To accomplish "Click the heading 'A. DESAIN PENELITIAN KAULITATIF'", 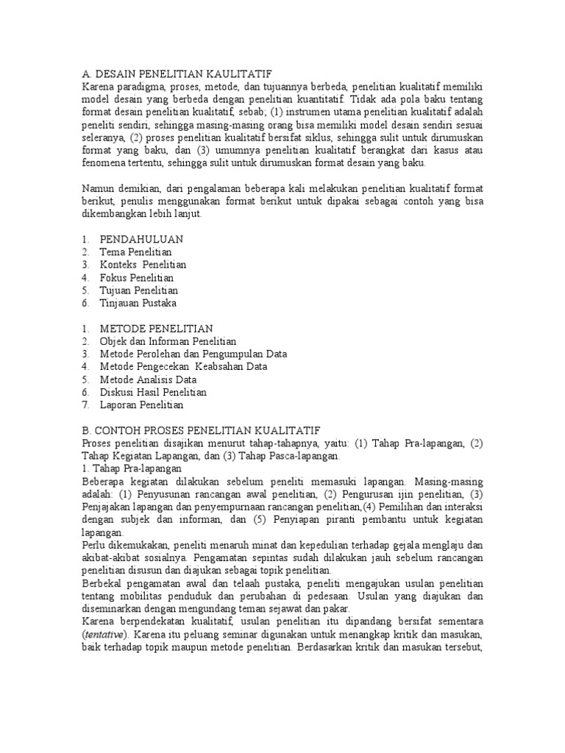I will (177, 74).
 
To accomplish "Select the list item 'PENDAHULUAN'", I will (141, 239).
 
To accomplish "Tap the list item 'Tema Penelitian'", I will (135, 251).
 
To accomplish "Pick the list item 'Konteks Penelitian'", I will (143, 265).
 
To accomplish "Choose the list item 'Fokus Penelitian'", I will (137, 277).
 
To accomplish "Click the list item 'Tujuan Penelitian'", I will (139, 290).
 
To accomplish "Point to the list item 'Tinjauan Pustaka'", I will (138, 303).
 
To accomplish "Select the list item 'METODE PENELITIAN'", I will (156, 328).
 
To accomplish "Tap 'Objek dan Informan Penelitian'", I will (168, 341).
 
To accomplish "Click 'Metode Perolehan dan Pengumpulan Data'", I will (193, 354).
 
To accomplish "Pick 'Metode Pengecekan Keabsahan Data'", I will (183, 366).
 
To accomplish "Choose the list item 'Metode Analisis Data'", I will (149, 379).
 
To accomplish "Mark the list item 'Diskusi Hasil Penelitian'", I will (154, 392).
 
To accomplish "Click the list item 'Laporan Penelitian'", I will (142, 404).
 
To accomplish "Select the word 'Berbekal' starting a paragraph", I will (102, 584).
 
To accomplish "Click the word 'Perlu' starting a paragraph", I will (93, 546).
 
